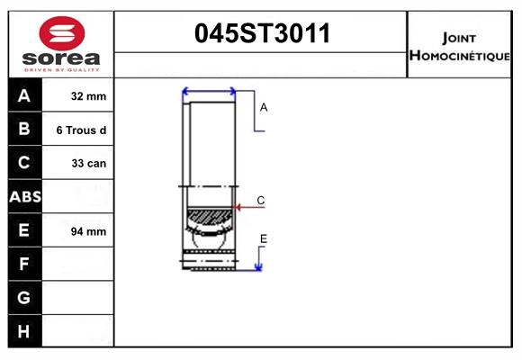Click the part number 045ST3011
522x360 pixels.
click(263, 34)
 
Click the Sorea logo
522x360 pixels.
click(62, 45)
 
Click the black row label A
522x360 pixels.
click(24, 95)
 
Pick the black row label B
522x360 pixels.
click(24, 130)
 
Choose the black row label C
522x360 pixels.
click(24, 163)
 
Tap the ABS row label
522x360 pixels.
click(24, 196)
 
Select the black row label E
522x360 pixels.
click(24, 230)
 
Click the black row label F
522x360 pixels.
click(24, 264)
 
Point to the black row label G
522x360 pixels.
click(24, 297)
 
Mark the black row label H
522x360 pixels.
click(24, 331)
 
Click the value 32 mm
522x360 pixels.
click(88, 96)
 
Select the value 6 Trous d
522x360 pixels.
click(81, 130)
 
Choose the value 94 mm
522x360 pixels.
click(88, 231)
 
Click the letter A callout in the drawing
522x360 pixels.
click(264, 107)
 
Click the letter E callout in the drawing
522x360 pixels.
click(264, 238)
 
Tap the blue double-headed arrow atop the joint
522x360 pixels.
click(209, 91)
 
